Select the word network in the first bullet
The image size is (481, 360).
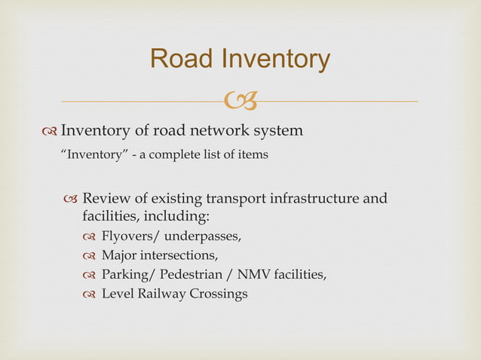[216, 131]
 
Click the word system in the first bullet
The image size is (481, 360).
[278, 131]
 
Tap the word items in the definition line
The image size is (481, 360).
[251, 155]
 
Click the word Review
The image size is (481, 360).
[106, 200]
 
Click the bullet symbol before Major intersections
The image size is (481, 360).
[90, 257]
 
